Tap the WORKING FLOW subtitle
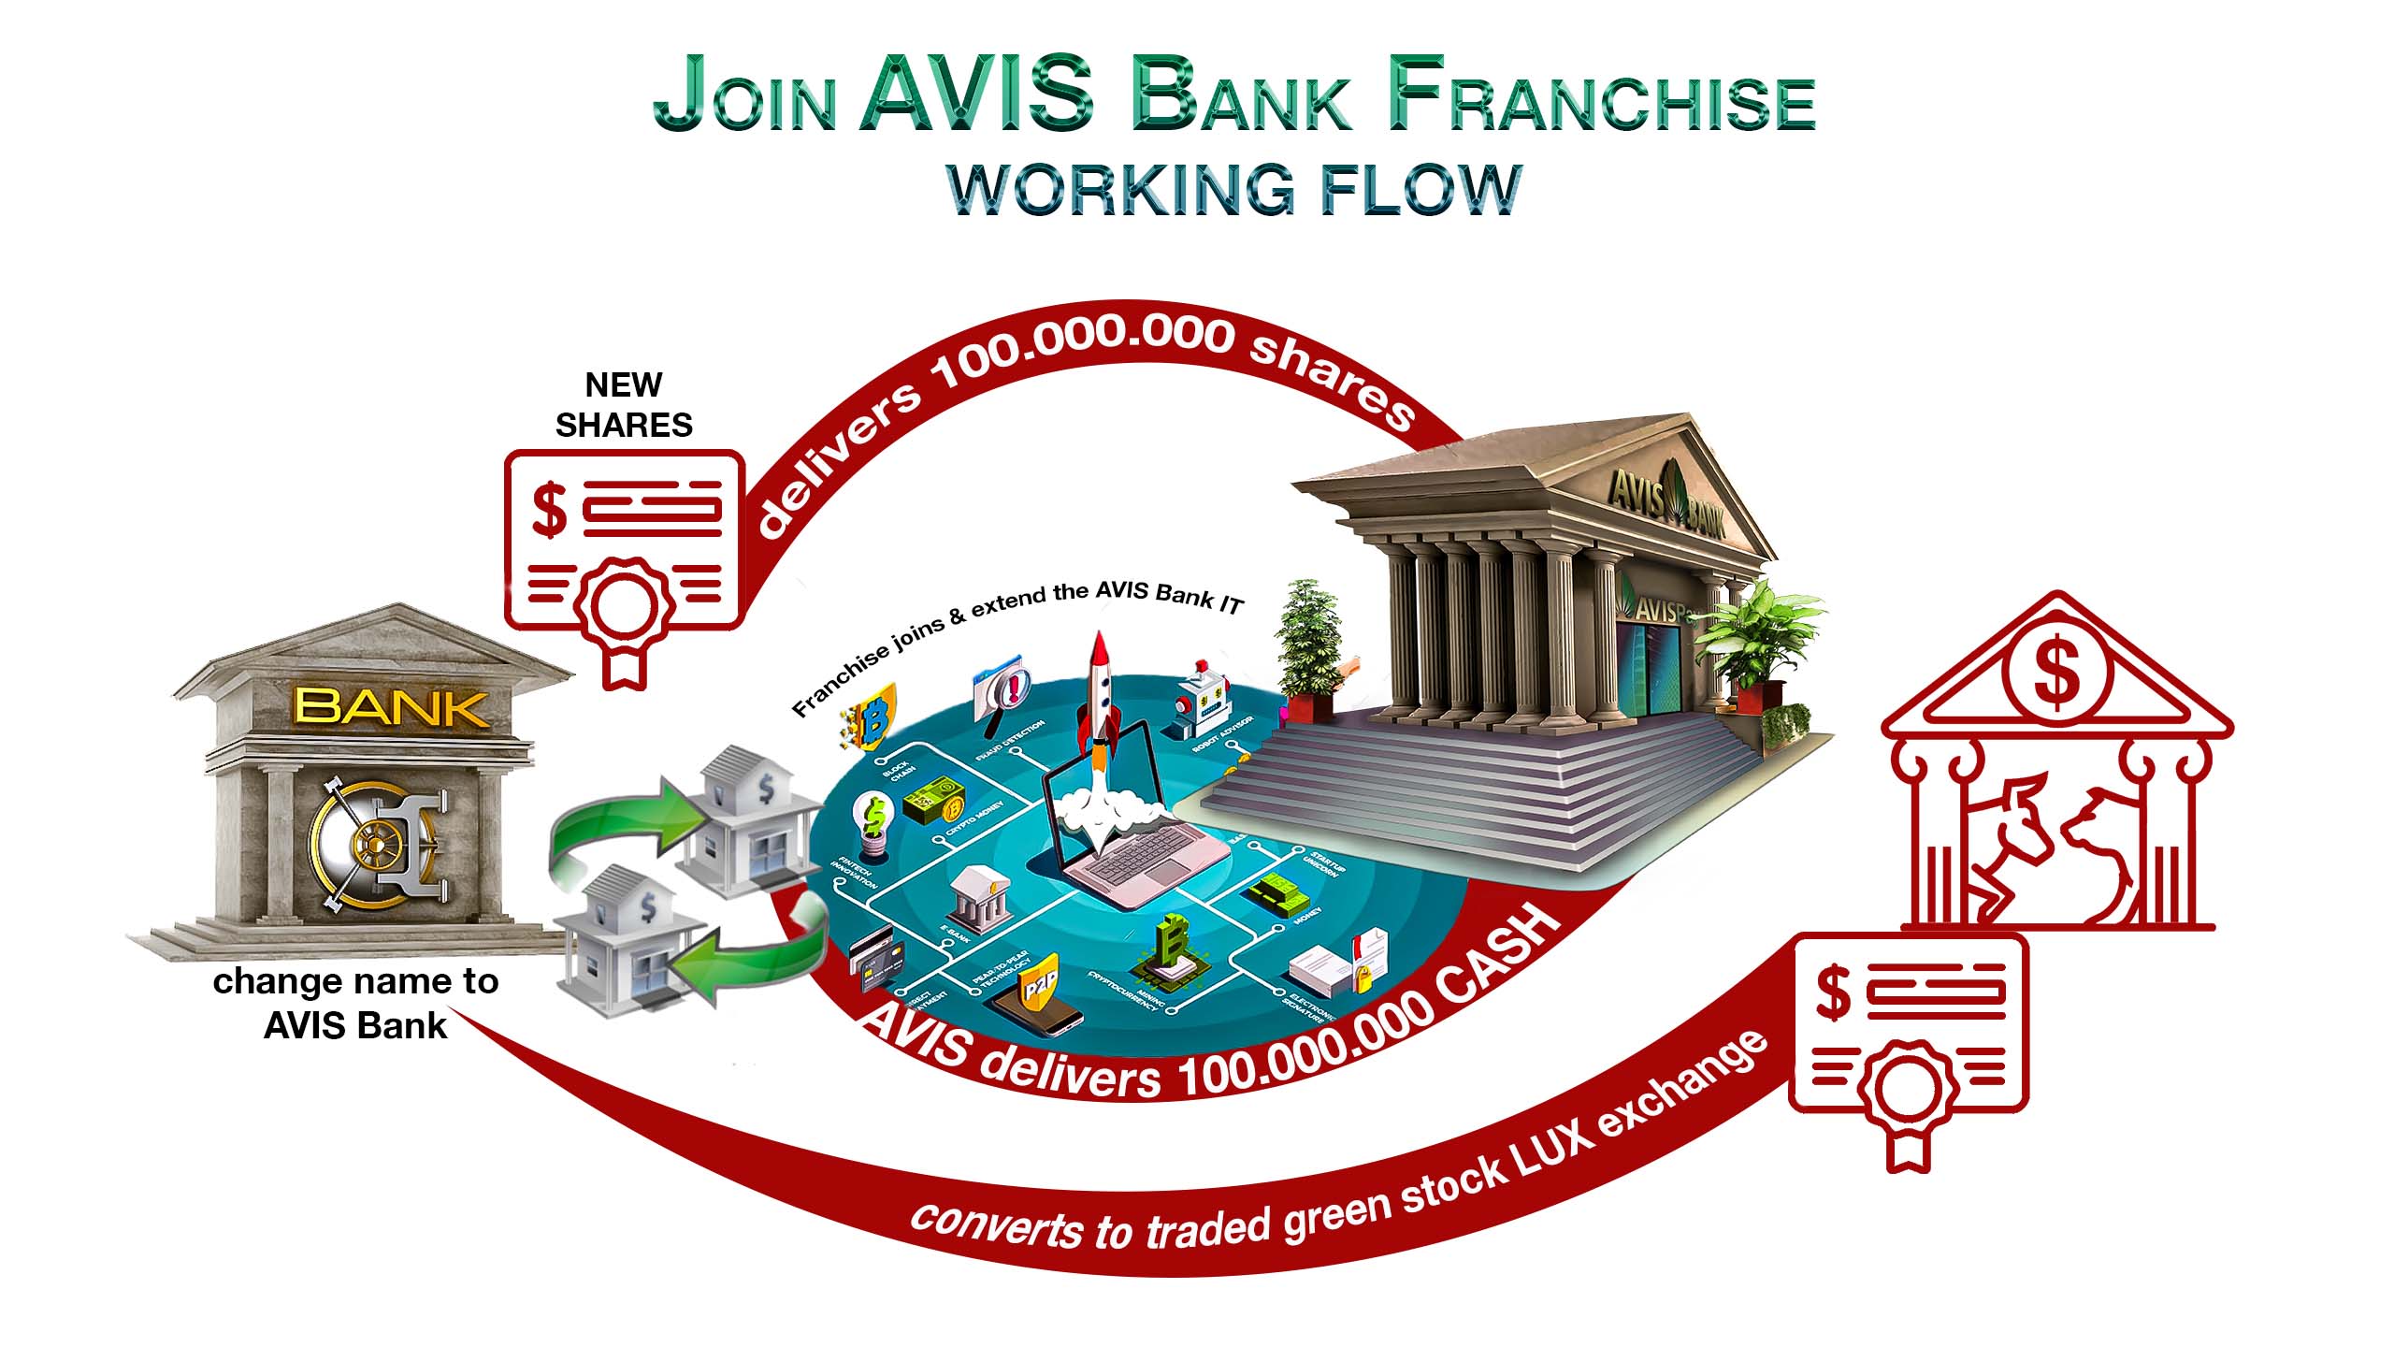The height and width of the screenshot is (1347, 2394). point(1234,190)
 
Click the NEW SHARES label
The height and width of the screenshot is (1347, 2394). point(624,405)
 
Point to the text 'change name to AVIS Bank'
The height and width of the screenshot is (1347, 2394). point(355,1003)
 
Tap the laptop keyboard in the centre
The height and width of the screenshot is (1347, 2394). point(1136,865)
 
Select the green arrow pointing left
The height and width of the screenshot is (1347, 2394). point(748,954)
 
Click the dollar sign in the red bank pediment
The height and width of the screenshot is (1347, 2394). point(2056,672)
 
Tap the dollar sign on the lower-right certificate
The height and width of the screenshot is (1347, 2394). point(1833,993)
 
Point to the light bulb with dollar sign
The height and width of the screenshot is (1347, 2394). point(873,824)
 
